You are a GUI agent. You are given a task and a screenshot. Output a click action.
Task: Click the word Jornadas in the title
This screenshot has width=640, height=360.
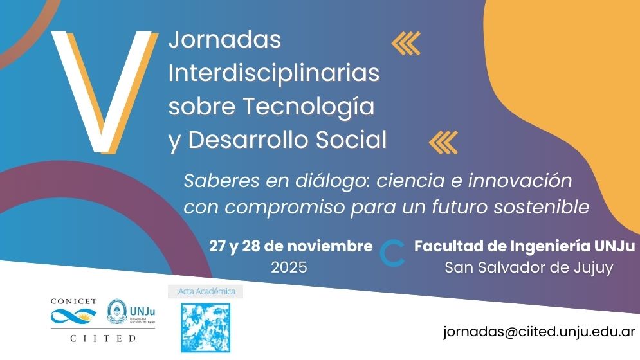[225, 40]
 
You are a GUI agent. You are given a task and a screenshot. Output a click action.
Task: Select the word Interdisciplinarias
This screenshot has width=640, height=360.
[274, 73]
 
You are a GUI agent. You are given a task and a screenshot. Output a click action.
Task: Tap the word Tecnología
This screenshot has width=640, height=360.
[309, 107]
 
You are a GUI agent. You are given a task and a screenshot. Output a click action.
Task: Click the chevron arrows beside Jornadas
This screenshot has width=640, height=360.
[406, 43]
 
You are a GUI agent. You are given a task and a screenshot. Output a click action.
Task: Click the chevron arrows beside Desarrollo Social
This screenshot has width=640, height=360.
[443, 143]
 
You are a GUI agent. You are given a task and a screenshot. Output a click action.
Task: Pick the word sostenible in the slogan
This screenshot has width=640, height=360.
[542, 206]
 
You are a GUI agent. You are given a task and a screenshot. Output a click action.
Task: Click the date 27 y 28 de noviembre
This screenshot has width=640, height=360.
[291, 246]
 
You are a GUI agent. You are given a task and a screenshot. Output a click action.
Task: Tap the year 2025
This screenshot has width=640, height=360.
[289, 267]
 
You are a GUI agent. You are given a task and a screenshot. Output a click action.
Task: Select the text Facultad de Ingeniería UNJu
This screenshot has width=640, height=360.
[524, 246]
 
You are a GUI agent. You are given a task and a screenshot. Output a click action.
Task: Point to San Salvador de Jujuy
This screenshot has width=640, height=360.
[529, 268]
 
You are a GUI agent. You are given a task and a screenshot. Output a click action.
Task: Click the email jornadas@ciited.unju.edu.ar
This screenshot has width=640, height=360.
[539, 332]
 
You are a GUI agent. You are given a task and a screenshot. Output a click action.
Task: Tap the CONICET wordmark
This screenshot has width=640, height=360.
[73, 301]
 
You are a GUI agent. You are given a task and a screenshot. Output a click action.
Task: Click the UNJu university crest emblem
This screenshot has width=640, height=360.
[117, 312]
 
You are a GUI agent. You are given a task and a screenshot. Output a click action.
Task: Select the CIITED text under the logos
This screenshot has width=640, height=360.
[103, 338]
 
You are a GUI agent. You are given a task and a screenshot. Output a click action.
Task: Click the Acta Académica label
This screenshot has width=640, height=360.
[206, 291]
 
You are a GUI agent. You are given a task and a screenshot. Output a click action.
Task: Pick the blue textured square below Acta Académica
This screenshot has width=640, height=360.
[206, 328]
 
